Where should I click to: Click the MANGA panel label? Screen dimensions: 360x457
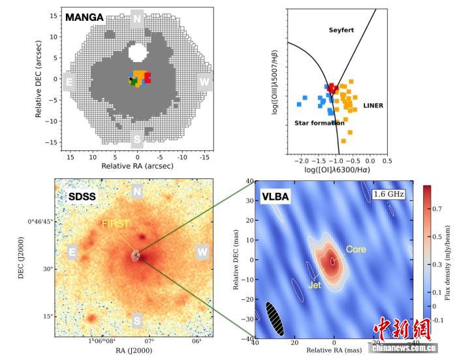coord(84,18)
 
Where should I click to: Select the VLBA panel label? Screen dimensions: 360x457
coord(275,196)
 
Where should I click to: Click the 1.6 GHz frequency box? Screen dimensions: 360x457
coord(388,194)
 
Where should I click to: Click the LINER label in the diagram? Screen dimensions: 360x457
coord(373,105)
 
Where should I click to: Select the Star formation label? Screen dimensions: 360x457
coord(319,123)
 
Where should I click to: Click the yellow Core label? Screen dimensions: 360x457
coord(356,250)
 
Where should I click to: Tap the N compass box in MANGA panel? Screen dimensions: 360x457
coord(137,18)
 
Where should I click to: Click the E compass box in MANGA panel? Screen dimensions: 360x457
coord(69,82)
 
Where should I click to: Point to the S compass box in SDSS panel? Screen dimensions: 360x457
coord(137,320)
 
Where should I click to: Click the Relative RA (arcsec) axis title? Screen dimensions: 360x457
coord(137,167)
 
